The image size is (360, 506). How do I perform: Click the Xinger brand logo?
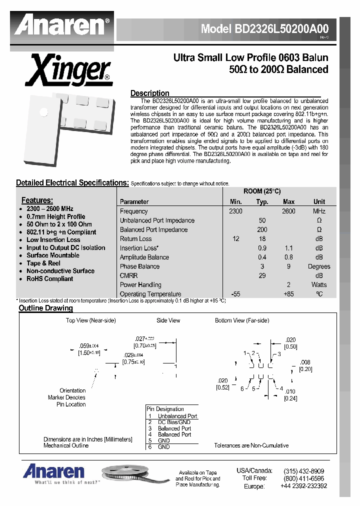[x=68, y=70]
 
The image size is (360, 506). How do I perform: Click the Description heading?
[x=149, y=93]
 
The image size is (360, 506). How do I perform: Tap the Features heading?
[x=37, y=200]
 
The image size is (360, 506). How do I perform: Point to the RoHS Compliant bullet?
[x=49, y=278]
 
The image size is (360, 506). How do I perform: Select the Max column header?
[x=288, y=202]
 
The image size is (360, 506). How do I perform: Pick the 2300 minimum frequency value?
[x=235, y=211]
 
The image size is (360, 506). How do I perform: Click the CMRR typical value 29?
[x=262, y=275]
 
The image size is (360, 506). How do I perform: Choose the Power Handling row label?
[x=140, y=285]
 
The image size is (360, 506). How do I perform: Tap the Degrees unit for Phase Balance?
[x=319, y=266]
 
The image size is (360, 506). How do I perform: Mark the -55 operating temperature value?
[x=235, y=294]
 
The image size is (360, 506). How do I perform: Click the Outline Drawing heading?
[x=45, y=308]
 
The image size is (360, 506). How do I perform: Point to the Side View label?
[x=168, y=320]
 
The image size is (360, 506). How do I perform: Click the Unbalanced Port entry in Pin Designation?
[x=177, y=416]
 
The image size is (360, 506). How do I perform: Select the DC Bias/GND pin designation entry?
[x=174, y=422]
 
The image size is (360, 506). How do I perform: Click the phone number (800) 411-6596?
[x=303, y=478]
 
